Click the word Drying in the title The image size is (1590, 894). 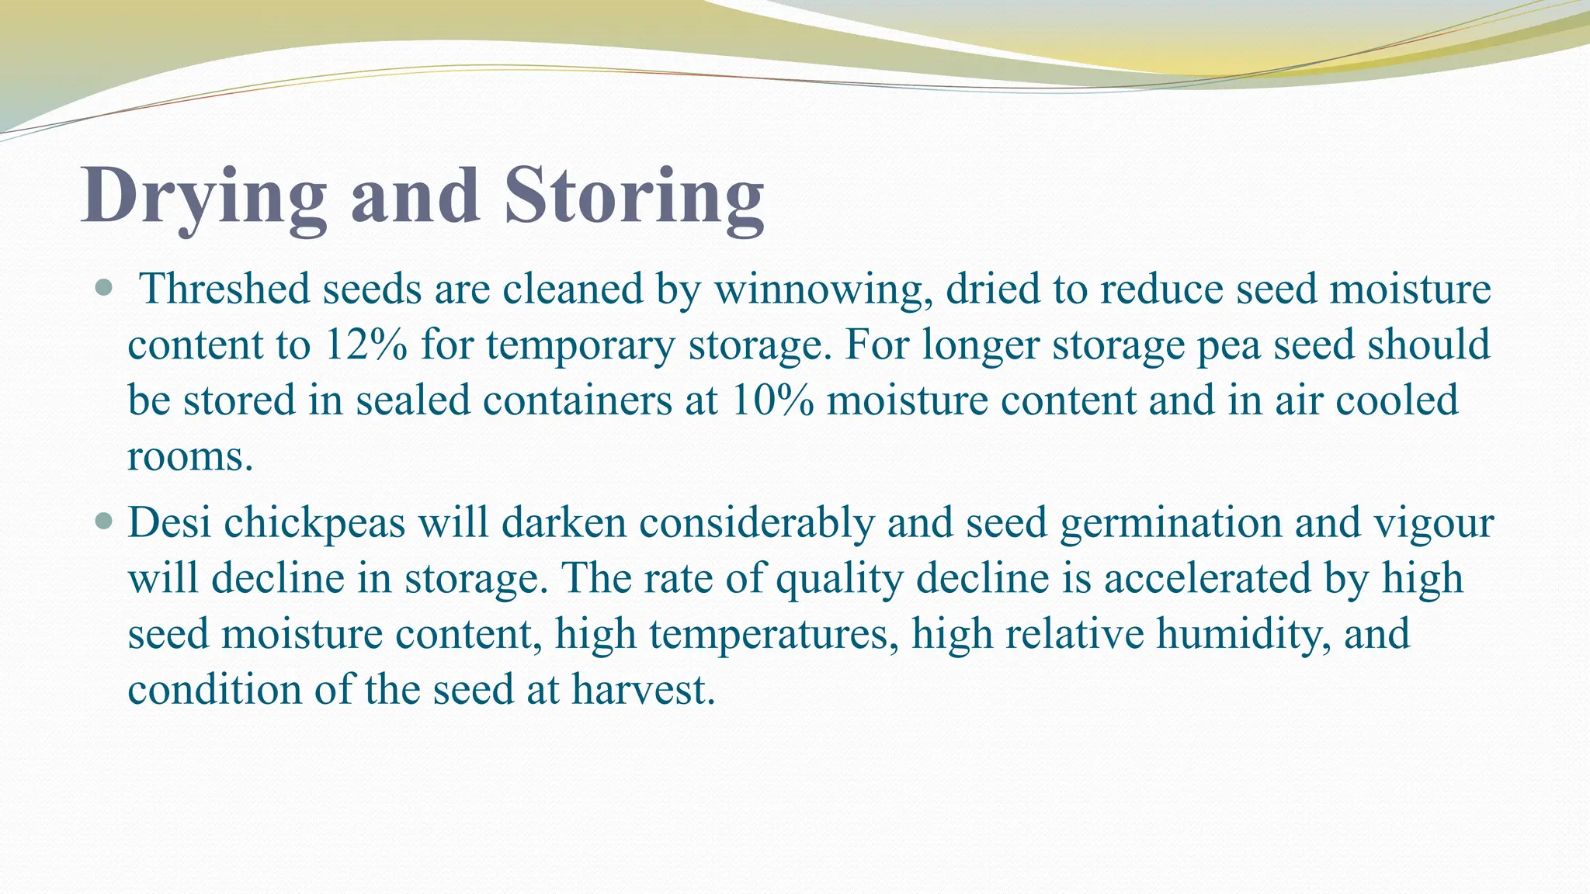(x=203, y=197)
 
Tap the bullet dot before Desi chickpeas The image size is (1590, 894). (x=102, y=521)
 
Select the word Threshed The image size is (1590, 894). (x=224, y=289)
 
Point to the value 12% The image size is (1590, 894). (x=366, y=345)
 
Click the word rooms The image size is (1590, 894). (x=189, y=457)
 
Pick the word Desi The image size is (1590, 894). (x=170, y=521)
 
